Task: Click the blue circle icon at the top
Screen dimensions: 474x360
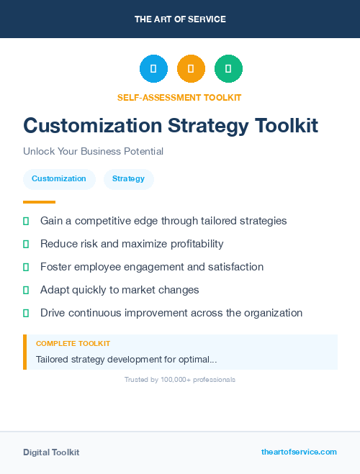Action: pyautogui.click(x=153, y=68)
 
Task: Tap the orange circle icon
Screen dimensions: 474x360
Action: pyautogui.click(x=191, y=68)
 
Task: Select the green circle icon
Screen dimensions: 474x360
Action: pyautogui.click(x=228, y=68)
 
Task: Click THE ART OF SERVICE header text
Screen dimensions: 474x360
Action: pyautogui.click(x=180, y=19)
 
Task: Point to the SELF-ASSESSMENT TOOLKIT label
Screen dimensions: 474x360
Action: pyautogui.click(x=179, y=97)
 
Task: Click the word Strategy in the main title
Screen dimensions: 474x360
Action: pyautogui.click(x=208, y=126)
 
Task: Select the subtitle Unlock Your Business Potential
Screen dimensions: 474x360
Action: pyautogui.click(x=93, y=152)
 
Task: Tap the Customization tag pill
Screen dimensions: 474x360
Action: pyautogui.click(x=59, y=178)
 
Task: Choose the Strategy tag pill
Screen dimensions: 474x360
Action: pyautogui.click(x=128, y=178)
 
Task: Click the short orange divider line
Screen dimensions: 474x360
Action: pyautogui.click(x=39, y=202)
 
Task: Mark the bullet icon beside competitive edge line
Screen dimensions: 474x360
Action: pyautogui.click(x=26, y=221)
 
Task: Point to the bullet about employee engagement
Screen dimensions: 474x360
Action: pyautogui.click(x=152, y=267)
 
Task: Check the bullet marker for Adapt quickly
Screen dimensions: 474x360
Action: pyautogui.click(x=26, y=290)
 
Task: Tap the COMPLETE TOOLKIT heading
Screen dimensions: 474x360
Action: pyautogui.click(x=73, y=344)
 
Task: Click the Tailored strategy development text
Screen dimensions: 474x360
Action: pyautogui.click(x=127, y=359)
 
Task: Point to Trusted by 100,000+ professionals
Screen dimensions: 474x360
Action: pyautogui.click(x=180, y=379)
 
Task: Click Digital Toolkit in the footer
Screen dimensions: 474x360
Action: pyautogui.click(x=51, y=452)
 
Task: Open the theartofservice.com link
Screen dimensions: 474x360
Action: pyautogui.click(x=299, y=452)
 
